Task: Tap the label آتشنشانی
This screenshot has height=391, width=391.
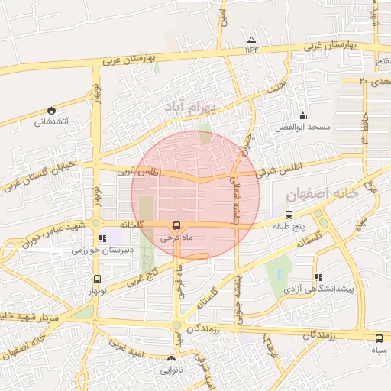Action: click(x=51, y=121)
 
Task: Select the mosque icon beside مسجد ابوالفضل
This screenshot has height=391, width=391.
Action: click(x=303, y=115)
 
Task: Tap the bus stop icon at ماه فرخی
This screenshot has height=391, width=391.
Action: click(x=177, y=225)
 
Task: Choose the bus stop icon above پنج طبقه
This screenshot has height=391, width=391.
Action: click(x=288, y=215)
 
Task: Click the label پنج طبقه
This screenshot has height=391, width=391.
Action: click(x=288, y=227)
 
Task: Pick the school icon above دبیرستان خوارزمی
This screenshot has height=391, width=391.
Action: click(x=103, y=238)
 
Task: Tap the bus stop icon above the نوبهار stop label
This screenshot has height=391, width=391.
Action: click(x=96, y=279)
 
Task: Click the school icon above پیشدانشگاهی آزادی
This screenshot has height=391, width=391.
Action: click(x=318, y=277)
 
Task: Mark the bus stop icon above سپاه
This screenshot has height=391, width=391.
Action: click(x=379, y=338)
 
